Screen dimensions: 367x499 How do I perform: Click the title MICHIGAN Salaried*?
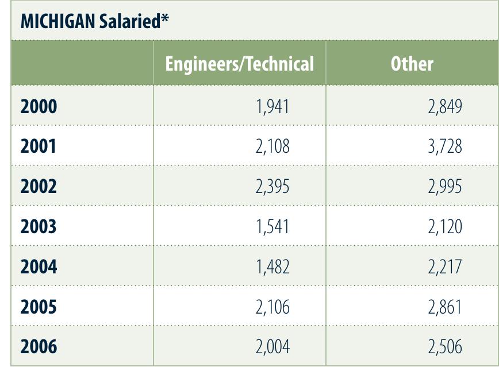pyautogui.click(x=95, y=22)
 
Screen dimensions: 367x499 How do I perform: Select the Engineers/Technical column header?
pyautogui.click(x=239, y=64)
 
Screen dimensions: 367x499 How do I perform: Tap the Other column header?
pyautogui.click(x=412, y=64)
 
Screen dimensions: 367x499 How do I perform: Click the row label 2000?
pyautogui.click(x=39, y=107)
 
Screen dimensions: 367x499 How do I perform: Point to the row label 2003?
pyautogui.click(x=39, y=227)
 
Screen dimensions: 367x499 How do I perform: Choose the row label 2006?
pyautogui.click(x=39, y=347)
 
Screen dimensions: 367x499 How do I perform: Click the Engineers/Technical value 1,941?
pyautogui.click(x=272, y=107)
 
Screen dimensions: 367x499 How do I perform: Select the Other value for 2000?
pyautogui.click(x=444, y=107)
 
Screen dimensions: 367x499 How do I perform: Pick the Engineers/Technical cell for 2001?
pyautogui.click(x=272, y=146)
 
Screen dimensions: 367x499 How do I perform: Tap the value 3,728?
pyautogui.click(x=444, y=146)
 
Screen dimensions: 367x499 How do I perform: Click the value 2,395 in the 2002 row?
pyautogui.click(x=272, y=187)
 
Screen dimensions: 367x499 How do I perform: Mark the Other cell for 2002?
pyautogui.click(x=444, y=187)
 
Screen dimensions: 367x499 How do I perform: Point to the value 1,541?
pyautogui.click(x=272, y=227)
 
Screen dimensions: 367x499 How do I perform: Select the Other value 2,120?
pyautogui.click(x=444, y=227)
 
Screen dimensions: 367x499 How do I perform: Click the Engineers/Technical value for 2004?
pyautogui.click(x=272, y=267)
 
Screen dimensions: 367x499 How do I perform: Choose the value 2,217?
pyautogui.click(x=444, y=267)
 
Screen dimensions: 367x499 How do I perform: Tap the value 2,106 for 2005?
pyautogui.click(x=272, y=307)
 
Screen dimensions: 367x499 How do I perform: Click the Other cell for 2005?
pyautogui.click(x=444, y=307)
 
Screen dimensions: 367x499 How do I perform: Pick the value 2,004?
pyautogui.click(x=272, y=347)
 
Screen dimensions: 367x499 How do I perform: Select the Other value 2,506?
pyautogui.click(x=444, y=347)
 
